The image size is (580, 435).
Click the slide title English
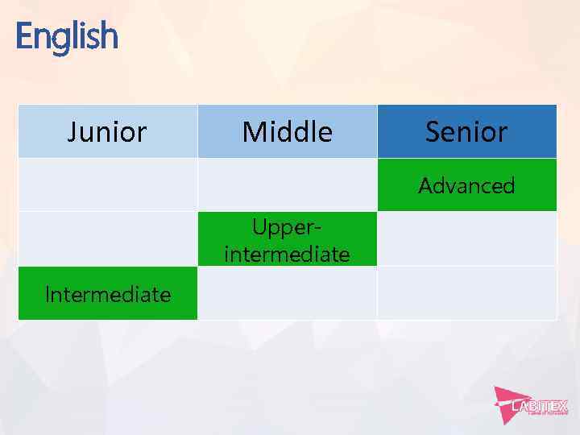click(66, 36)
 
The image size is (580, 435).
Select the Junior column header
click(107, 131)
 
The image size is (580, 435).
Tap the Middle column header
click(287, 131)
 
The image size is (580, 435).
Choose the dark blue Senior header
click(466, 131)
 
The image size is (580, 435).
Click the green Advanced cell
click(466, 185)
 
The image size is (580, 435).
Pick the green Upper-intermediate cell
click(287, 239)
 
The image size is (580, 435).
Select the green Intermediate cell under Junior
click(107, 294)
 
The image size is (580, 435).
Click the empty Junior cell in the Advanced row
click(107, 184)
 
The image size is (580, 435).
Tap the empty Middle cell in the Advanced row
click(287, 184)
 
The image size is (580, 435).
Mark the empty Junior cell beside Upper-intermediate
click(107, 238)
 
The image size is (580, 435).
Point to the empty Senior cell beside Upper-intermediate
click(466, 238)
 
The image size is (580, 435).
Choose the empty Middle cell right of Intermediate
click(287, 293)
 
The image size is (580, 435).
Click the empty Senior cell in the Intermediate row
click(466, 293)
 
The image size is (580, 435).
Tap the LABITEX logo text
click(540, 406)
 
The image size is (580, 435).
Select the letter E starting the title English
click(23, 36)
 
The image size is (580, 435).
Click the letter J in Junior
click(72, 131)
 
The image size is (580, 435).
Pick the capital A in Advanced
click(425, 185)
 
